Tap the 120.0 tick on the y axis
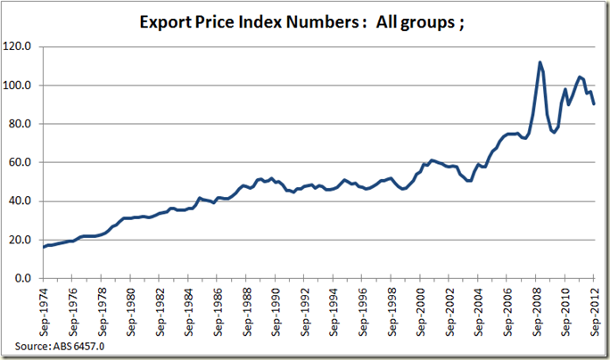pyautogui.click(x=28, y=46)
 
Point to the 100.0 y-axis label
pyautogui.click(x=28, y=86)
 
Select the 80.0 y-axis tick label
pyautogui.click(x=29, y=124)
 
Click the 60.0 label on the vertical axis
pyautogui.click(x=29, y=162)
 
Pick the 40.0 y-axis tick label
pyautogui.click(x=29, y=201)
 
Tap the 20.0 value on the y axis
pyautogui.click(x=29, y=240)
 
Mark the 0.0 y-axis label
pyautogui.click(x=32, y=278)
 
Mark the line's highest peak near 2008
pyautogui.click(x=540, y=62)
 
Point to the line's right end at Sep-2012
pyautogui.click(x=595, y=103)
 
